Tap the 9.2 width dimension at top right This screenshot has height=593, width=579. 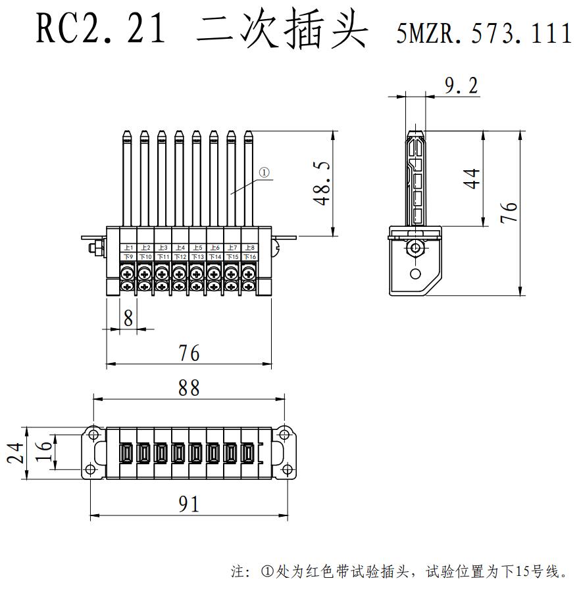coord(461,85)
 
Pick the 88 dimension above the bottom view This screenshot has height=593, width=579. coord(189,387)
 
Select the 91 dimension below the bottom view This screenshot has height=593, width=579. coord(189,504)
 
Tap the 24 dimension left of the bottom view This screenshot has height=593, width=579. coord(18,453)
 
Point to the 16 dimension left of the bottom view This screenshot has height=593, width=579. coord(43,453)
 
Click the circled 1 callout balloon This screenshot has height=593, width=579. coord(264,173)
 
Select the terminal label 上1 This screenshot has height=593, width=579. coord(128,247)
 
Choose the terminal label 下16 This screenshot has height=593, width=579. coord(249,256)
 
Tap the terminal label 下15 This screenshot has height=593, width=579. coord(232,256)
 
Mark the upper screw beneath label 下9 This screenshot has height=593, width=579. coord(128,270)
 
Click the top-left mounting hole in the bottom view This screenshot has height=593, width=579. coord(93,433)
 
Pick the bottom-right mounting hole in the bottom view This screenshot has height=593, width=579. coord(284,468)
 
